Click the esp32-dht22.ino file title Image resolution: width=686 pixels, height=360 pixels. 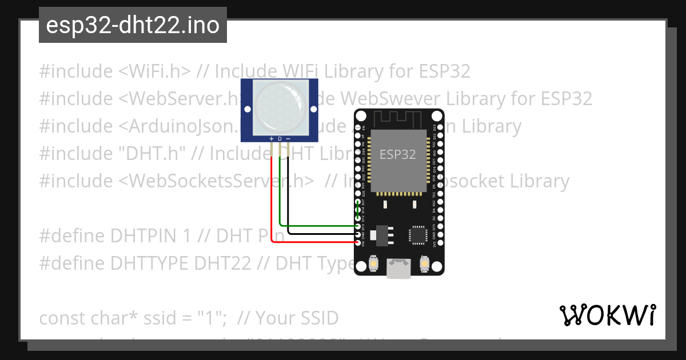[133, 26]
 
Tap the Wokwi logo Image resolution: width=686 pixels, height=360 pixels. [607, 315]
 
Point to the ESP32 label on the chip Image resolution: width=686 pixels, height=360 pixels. [398, 154]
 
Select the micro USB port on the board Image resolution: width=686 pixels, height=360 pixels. [398, 268]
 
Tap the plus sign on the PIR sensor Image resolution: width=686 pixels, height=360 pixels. [271, 139]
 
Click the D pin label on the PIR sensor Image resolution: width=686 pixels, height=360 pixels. [280, 139]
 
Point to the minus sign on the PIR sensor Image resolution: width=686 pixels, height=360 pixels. [288, 139]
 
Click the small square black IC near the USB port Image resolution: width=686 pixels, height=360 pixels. [417, 235]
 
